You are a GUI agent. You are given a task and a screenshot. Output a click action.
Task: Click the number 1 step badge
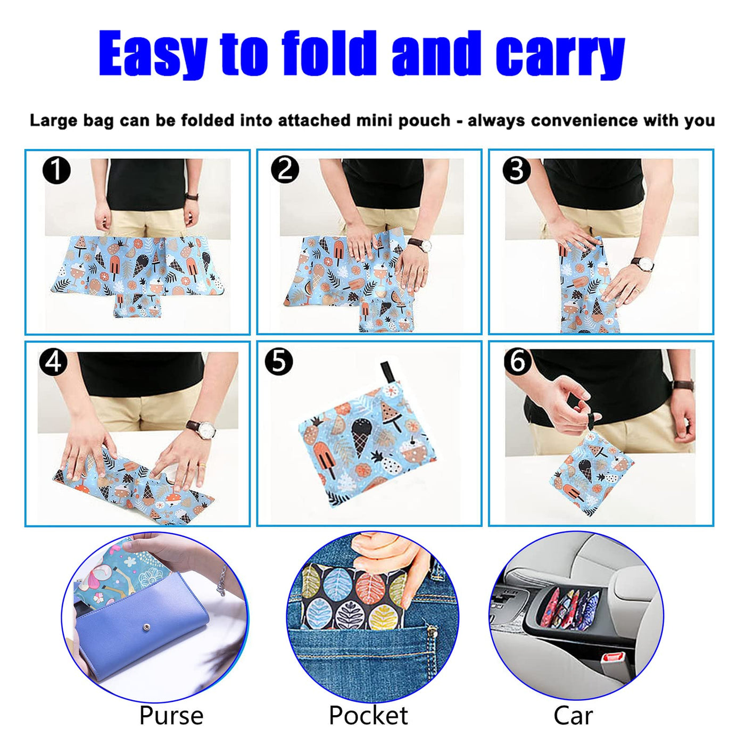tap(56, 170)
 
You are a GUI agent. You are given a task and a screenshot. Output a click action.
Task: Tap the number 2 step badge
tap(285, 169)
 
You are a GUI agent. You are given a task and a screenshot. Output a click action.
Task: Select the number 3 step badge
tap(517, 170)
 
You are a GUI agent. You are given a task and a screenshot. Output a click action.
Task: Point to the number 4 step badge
tap(53, 362)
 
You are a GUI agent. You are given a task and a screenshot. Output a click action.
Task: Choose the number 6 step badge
tap(518, 361)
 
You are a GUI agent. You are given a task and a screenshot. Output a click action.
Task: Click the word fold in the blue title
tap(329, 53)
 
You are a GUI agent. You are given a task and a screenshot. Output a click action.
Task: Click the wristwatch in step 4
tap(202, 429)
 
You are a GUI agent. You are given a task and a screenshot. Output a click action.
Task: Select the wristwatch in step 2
tap(420, 244)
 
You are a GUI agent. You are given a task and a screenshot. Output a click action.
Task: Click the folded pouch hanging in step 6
tap(590, 473)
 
